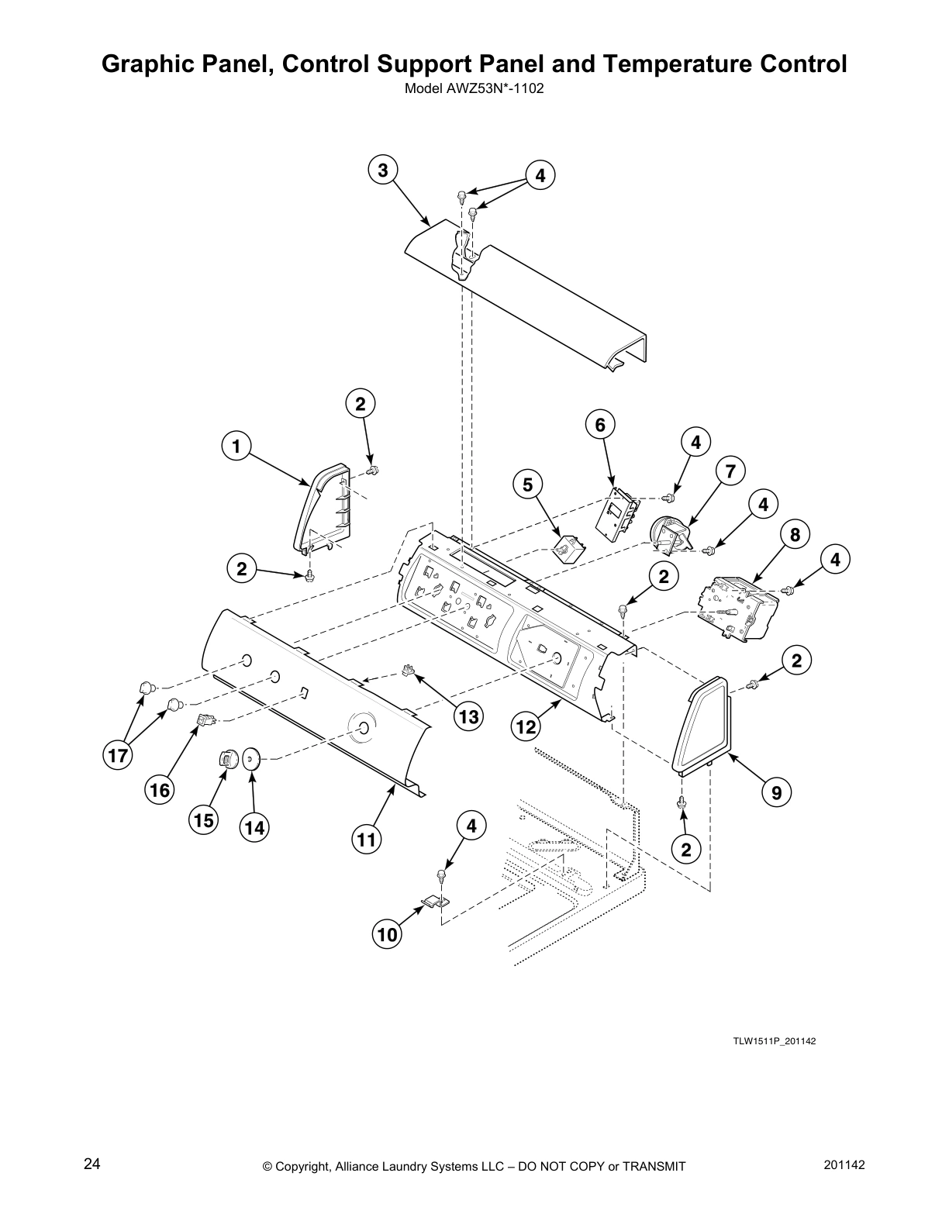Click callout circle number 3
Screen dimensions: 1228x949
point(383,170)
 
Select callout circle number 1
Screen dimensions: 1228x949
point(236,447)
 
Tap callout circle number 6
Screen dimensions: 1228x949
point(600,424)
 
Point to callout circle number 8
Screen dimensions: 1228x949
point(795,535)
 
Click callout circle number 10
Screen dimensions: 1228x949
point(387,934)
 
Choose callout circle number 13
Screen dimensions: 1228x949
point(468,716)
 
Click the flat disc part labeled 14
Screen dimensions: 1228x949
point(250,757)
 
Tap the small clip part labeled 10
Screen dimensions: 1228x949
point(436,902)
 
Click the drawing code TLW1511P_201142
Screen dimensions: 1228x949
point(774,1041)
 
